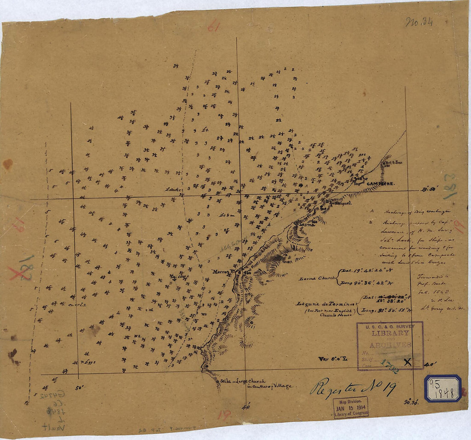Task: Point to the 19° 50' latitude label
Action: tap(427, 189)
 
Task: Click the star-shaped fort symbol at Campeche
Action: tap(360, 180)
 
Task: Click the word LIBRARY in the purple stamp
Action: tap(391, 333)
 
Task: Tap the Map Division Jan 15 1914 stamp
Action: tap(351, 407)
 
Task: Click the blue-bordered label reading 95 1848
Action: tap(443, 388)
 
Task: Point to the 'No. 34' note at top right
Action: tap(419, 22)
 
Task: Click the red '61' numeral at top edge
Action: tap(214, 27)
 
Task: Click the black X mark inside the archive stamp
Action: tap(408, 362)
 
